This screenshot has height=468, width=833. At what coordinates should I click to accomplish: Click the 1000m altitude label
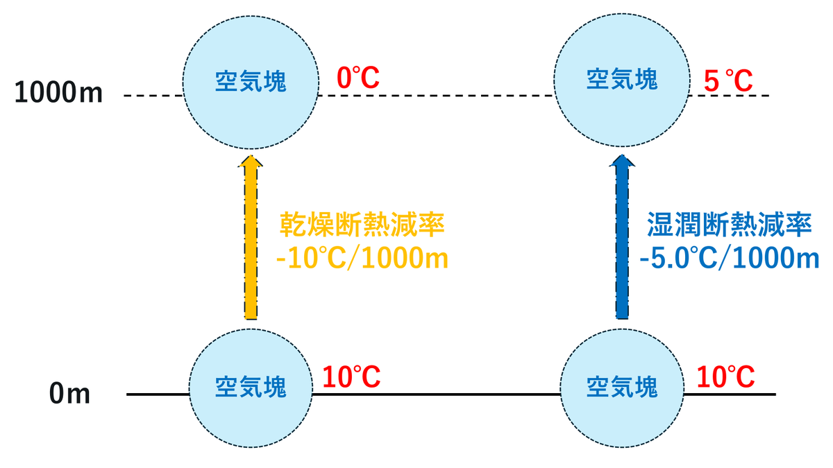point(58,92)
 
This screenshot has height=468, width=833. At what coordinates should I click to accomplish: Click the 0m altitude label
point(69,393)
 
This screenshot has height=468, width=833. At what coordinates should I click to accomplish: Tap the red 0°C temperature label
point(358,78)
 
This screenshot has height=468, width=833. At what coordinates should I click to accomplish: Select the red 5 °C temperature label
point(728,80)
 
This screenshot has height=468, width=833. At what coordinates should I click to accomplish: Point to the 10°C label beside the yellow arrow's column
point(351,376)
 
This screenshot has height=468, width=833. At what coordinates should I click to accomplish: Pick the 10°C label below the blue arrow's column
point(725,376)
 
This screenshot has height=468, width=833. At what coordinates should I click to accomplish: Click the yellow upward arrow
point(251,237)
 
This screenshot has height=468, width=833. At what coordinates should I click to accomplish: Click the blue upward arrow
point(622,237)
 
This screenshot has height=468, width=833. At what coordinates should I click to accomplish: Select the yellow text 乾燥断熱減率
point(362,225)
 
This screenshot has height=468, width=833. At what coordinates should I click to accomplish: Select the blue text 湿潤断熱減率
point(730,225)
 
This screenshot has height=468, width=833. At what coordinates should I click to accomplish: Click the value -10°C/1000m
point(362,257)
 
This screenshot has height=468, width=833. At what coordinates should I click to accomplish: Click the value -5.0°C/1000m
point(730,257)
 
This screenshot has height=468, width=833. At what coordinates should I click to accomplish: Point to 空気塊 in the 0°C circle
point(251,81)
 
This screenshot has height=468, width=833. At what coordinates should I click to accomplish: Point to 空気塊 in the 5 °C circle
point(622,79)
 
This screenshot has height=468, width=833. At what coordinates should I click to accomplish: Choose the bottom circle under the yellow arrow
point(251,388)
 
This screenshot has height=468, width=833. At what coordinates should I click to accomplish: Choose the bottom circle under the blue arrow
point(622,388)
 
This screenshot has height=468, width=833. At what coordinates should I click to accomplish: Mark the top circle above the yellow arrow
point(251,82)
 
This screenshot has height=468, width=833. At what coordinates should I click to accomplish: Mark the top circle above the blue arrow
point(622,80)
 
